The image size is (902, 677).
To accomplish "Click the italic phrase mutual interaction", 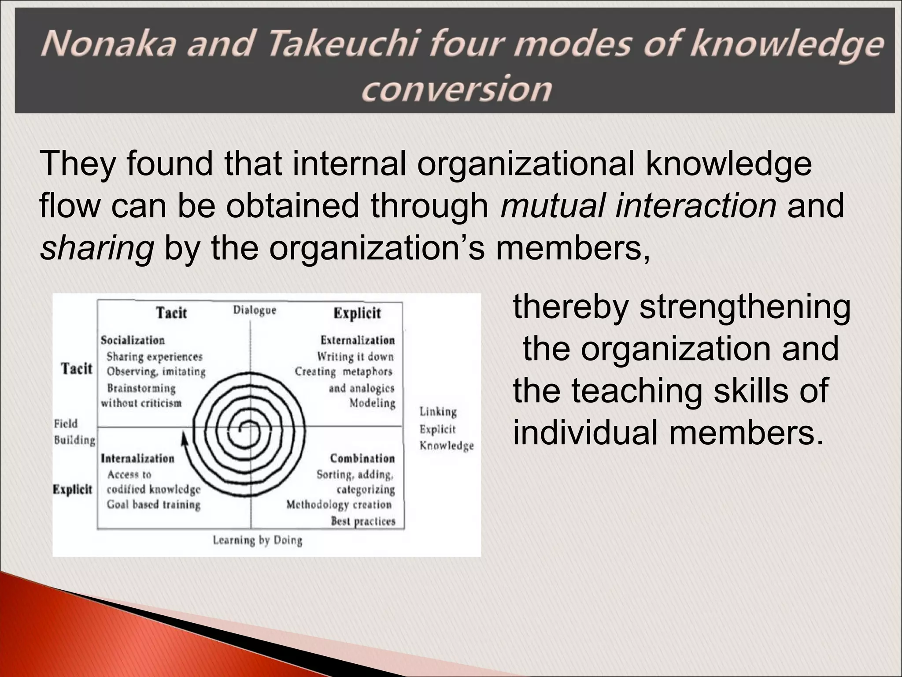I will point(638,206).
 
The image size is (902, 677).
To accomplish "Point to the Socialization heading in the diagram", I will point(133,340).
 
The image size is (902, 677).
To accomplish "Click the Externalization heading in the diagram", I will point(358,340).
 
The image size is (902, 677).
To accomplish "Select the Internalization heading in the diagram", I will point(138,458).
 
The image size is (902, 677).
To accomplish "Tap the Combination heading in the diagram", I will point(362,458).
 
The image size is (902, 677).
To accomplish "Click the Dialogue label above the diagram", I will point(255,310).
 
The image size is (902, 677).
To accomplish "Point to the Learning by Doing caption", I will point(258,540).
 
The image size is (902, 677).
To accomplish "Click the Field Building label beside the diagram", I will point(74,432).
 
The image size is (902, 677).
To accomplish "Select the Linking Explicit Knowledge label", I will point(446,429).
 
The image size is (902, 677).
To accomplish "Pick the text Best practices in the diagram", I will point(363,521).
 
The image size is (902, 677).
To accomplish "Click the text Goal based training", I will point(153,505).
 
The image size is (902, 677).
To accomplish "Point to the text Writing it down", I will point(355,356).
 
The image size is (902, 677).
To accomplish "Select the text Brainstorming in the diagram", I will point(141,388).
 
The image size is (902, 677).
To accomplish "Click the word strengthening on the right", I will point(745,307).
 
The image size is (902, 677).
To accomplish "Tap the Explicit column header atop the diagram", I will point(357,313).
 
